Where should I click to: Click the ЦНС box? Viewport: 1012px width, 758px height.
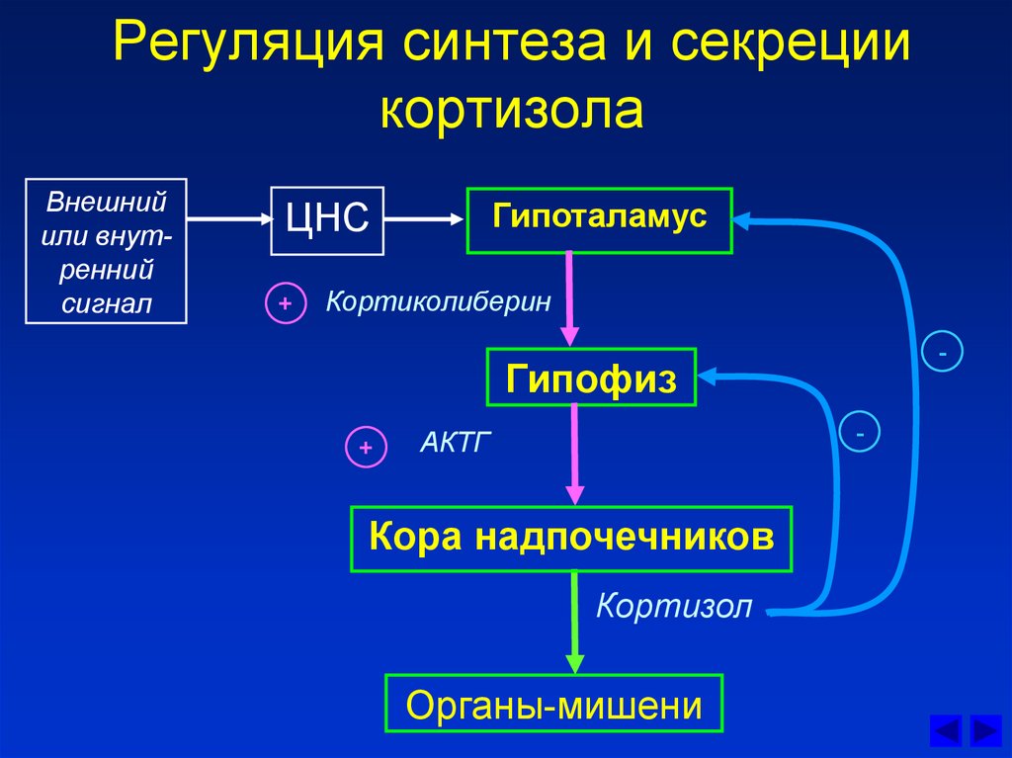327,220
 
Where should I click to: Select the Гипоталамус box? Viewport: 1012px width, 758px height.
600,220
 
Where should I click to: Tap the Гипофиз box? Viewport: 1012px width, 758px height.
591,378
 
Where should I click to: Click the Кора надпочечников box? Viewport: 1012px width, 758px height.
571,540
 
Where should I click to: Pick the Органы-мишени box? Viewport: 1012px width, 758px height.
553,703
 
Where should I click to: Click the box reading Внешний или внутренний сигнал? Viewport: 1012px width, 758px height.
106,251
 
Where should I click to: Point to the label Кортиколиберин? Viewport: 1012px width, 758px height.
438,301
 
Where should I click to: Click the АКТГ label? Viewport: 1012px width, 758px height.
455,443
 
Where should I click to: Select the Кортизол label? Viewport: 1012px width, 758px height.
674,606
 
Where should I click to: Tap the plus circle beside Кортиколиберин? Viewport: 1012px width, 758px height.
286,302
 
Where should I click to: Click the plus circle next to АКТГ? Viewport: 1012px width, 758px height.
366,447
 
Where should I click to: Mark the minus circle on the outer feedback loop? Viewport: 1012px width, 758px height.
942,351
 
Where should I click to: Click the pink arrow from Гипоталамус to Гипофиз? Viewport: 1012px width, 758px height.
569,298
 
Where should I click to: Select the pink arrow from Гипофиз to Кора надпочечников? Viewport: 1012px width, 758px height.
574,454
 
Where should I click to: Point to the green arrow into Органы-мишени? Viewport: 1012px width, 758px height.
574,623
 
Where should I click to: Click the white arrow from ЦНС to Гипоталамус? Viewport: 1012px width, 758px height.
424,219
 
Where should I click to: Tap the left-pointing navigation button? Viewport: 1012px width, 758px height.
946,731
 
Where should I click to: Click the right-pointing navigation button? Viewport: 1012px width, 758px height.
985,731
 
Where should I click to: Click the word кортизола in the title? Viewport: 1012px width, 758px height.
512,108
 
